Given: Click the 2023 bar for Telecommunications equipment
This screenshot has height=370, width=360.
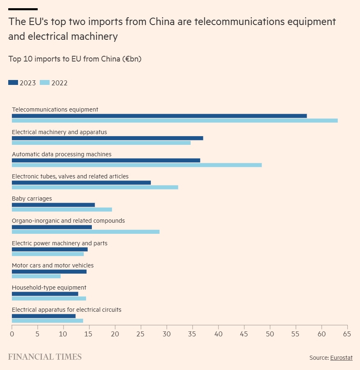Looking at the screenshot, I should click(x=159, y=116).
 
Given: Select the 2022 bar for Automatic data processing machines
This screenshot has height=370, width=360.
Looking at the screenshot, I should click(x=137, y=165).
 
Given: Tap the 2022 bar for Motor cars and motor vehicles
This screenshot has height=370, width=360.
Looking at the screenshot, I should click(x=36, y=276).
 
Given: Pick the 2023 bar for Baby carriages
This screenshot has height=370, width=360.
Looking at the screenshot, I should click(x=53, y=205).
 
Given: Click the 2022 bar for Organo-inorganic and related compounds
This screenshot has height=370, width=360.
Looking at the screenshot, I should click(x=85, y=232).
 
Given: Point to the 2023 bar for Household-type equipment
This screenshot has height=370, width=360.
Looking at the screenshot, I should click(x=45, y=294).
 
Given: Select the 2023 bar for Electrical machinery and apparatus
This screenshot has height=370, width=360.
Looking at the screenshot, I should click(x=107, y=138).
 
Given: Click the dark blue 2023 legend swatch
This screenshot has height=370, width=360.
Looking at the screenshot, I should click(x=13, y=82).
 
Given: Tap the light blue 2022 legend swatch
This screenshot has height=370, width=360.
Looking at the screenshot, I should click(x=45, y=82).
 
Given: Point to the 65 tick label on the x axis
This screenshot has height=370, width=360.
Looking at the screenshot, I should click(x=347, y=334).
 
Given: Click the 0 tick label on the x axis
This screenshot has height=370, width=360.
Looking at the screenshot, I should click(x=12, y=334).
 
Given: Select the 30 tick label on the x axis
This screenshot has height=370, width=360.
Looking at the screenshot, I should click(x=167, y=334).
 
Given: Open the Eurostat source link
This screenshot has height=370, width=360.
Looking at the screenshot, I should click(x=341, y=358).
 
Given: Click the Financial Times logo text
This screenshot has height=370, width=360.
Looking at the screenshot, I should click(x=45, y=357).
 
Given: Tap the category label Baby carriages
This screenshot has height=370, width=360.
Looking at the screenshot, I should click(x=32, y=199).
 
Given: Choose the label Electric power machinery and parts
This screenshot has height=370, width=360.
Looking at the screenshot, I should click(x=59, y=243).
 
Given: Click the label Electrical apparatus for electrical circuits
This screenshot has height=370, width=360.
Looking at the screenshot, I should click(x=66, y=310).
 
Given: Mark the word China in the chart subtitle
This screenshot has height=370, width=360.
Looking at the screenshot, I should click(x=110, y=59).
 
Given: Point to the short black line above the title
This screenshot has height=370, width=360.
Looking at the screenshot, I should click(x=23, y=9).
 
